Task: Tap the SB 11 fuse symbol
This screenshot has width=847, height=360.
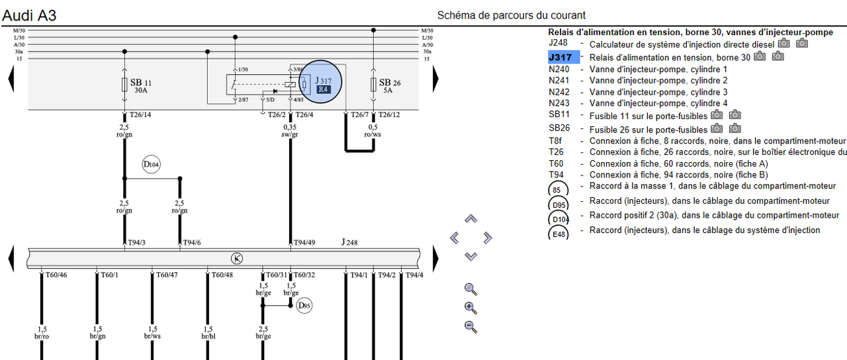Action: click(125, 85)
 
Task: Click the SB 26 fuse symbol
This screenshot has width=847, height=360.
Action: click(374, 85)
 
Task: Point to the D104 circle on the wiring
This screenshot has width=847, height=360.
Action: click(152, 165)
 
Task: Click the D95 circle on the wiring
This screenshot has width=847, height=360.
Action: click(304, 306)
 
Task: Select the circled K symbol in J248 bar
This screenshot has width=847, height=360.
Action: click(236, 258)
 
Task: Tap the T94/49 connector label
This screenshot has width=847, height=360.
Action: click(304, 243)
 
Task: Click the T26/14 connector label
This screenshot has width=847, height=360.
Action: click(140, 114)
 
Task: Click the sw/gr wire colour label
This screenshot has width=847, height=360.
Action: click(290, 135)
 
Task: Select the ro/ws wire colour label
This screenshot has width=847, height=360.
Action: click(373, 135)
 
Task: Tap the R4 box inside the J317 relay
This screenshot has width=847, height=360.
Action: click(323, 89)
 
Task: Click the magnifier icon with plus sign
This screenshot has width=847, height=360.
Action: click(471, 308)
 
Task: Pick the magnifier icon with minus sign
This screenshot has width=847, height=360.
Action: click(471, 326)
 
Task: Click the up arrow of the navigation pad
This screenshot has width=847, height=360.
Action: click(470, 219)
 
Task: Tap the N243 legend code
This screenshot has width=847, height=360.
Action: click(558, 103)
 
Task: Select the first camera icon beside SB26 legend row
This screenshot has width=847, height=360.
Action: click(717, 129)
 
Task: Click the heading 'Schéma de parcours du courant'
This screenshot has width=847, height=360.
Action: click(512, 15)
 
